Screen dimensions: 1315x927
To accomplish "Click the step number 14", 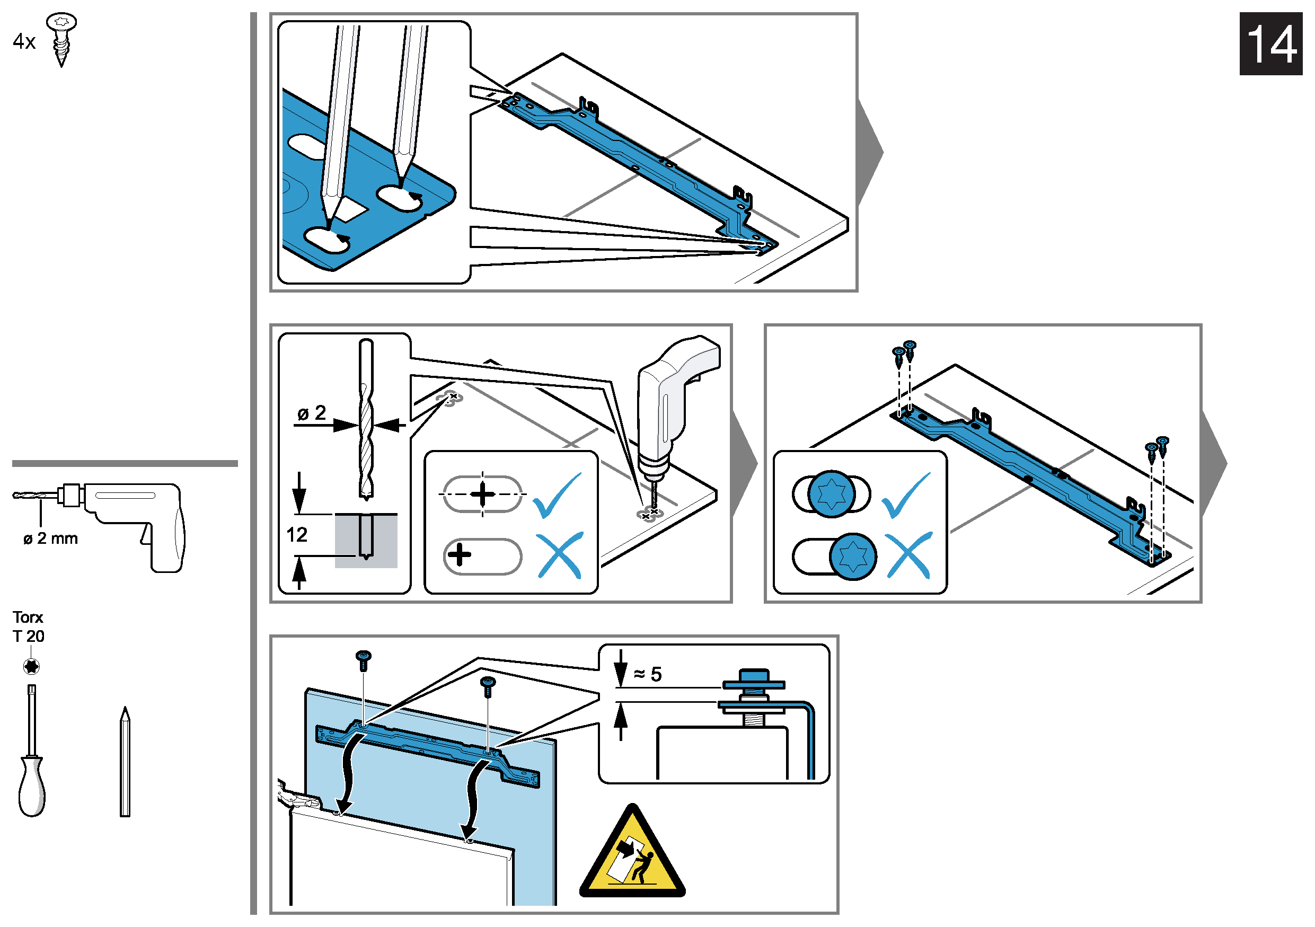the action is tap(1270, 44).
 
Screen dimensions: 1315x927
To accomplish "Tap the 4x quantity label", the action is tap(24, 41).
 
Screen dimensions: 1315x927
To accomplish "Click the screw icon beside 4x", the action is tap(61, 39).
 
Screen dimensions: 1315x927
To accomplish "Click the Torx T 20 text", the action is tap(28, 626).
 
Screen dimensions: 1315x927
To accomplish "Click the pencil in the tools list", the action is tap(125, 762).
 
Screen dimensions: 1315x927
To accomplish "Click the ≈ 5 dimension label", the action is tap(648, 675).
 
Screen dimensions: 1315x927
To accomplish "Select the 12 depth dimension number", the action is tap(297, 535).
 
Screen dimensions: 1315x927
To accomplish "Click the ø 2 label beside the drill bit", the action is tap(312, 413).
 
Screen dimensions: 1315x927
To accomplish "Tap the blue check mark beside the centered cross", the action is tap(557, 495).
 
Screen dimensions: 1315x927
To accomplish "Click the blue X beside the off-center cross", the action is tap(560, 555).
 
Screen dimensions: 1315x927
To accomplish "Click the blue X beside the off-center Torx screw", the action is tap(908, 555).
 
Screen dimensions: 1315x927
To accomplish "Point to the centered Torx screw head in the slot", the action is tap(832, 494).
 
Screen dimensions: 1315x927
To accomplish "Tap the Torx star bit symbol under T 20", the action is tap(31, 666).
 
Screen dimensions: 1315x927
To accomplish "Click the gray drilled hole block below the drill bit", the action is tap(366, 541).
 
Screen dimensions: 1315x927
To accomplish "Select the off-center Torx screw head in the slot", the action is tap(853, 557).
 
